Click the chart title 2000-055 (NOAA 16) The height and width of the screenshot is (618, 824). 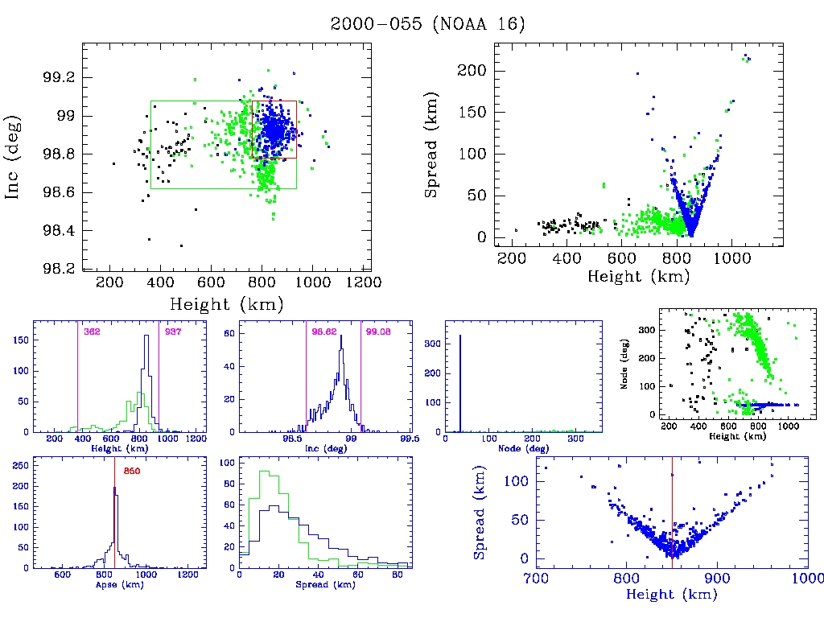tap(427, 24)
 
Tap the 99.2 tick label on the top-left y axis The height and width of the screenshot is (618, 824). tap(60, 78)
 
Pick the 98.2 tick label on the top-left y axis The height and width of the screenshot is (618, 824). tap(60, 269)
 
